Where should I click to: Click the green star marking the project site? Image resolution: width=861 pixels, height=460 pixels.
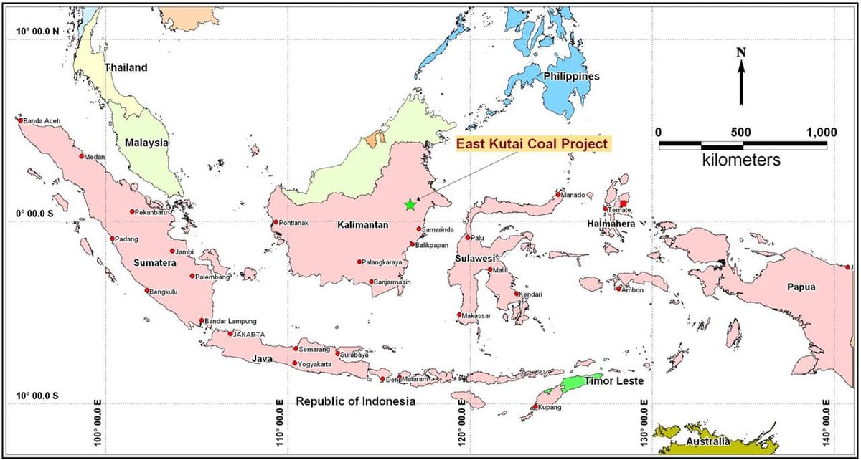[410, 205]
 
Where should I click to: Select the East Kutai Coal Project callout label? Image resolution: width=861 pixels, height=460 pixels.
[532, 144]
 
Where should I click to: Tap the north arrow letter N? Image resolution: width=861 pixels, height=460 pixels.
[741, 52]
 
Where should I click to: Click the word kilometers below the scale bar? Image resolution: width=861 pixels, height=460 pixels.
[741, 160]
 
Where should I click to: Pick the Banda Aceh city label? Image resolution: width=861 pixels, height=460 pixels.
[42, 121]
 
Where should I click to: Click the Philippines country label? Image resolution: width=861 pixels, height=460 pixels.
[571, 77]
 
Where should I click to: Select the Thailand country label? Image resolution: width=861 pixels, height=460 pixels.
[126, 67]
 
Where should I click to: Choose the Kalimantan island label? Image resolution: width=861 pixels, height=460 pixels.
[362, 225]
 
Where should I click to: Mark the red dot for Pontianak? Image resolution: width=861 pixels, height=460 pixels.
[276, 222]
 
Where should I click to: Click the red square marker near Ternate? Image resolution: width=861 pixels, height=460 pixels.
[624, 204]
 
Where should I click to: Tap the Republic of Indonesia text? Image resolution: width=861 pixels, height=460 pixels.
[355, 401]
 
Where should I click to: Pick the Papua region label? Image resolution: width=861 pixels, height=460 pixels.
[801, 287]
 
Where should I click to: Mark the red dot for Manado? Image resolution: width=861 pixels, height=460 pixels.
[558, 195]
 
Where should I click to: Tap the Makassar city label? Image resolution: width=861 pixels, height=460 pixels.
[477, 316]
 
